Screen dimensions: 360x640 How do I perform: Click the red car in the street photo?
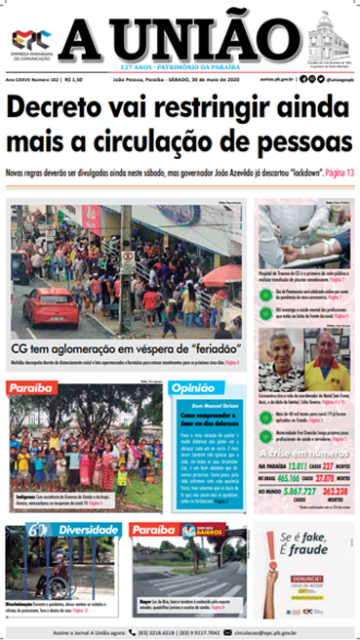(48, 304)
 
